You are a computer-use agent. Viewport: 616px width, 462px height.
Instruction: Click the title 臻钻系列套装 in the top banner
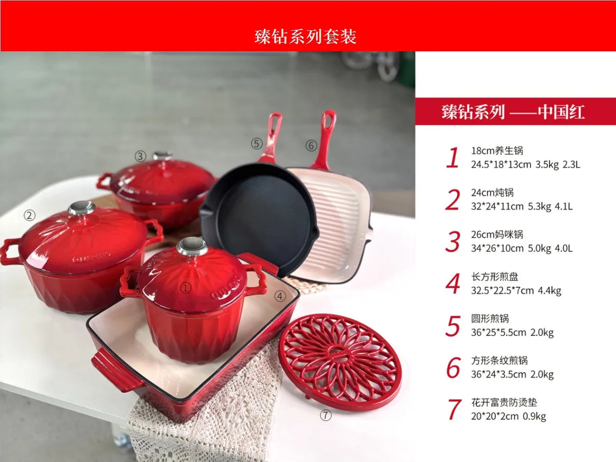coord(305,36)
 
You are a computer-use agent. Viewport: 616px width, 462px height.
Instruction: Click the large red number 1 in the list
coord(452,158)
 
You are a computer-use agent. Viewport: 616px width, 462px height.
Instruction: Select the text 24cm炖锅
coord(492,193)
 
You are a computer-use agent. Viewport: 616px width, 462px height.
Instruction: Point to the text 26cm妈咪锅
coord(497,235)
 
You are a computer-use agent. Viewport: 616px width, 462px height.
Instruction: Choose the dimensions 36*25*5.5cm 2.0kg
coord(512,332)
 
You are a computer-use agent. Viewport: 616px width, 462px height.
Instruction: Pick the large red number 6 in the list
coord(453,368)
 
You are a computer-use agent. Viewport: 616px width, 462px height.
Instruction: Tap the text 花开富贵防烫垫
coord(504,403)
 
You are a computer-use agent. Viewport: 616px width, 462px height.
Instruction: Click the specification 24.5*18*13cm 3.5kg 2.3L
coord(526,165)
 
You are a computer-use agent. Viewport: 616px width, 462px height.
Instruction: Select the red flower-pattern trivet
coord(340,361)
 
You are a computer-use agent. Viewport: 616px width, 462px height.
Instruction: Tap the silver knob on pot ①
coord(192,247)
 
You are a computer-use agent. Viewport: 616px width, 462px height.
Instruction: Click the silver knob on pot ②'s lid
coord(82,208)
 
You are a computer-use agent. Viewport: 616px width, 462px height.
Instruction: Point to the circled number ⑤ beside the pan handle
coord(257,143)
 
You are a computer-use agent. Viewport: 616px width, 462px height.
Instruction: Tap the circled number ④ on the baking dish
coord(280,296)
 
